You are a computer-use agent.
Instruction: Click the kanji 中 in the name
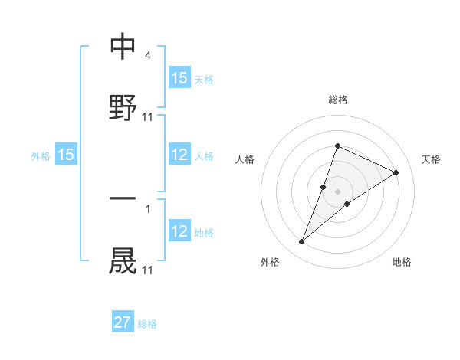[123, 47]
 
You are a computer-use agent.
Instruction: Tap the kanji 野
[123, 107]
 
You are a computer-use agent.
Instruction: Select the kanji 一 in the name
[123, 200]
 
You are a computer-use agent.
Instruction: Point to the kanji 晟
[123, 260]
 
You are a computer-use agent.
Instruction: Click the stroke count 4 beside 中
[147, 57]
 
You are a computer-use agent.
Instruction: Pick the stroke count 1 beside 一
[147, 209]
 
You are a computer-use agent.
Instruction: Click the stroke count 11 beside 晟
[148, 270]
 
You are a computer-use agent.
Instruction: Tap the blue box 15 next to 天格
[179, 78]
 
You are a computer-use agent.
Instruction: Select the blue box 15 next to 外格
[66, 155]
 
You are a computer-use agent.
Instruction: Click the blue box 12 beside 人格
[179, 155]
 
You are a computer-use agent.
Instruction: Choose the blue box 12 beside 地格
[179, 231]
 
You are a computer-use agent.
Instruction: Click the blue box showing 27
[123, 322]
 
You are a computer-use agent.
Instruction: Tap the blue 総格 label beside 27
[147, 324]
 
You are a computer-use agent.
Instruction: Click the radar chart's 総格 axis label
[337, 100]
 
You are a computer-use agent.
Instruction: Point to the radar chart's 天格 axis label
[432, 159]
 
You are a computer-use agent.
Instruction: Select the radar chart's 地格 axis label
[402, 262]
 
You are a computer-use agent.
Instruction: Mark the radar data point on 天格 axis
[396, 172]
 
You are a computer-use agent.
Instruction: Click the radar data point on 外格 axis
[301, 242]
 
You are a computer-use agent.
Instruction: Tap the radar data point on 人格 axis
[324, 187]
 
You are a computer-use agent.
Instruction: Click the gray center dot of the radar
[337, 191]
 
